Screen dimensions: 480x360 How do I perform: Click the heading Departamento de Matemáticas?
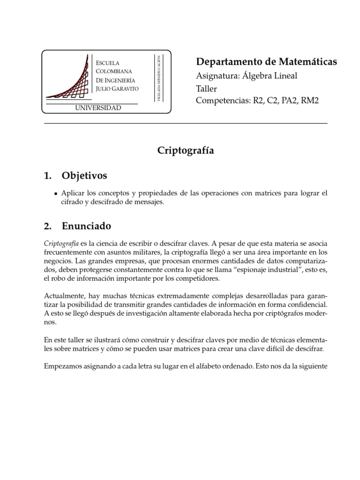[266, 62]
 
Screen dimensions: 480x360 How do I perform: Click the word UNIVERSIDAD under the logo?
[97, 108]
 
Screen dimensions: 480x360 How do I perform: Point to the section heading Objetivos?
[84, 176]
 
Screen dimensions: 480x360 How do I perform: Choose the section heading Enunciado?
[86, 226]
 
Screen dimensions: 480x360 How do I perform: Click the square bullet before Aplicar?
[55, 193]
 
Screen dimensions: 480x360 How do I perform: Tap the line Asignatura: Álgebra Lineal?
[246, 76]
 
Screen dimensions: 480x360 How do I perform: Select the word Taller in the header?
[207, 89]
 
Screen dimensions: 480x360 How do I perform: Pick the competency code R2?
[256, 101]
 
